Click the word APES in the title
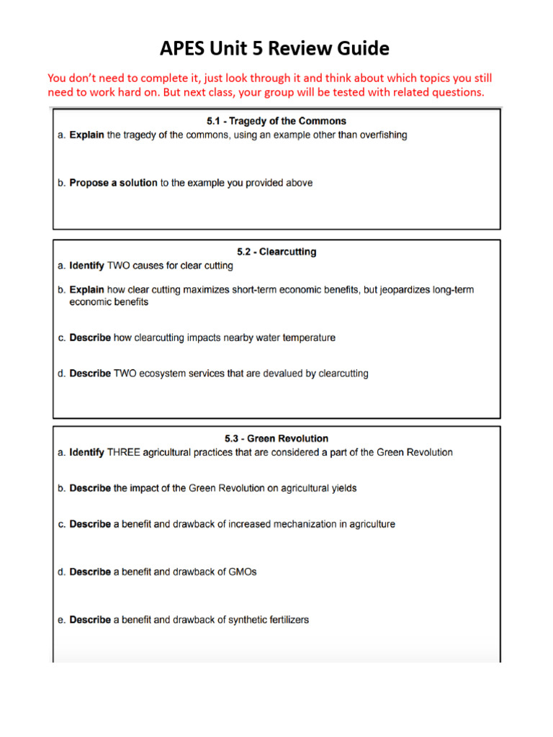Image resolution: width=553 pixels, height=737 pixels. [186, 48]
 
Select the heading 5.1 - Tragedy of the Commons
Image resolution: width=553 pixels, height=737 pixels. [276, 121]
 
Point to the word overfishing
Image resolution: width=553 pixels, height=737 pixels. [381, 135]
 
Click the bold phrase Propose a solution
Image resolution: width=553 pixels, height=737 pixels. [113, 183]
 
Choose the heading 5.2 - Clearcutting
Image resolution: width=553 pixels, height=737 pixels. [276, 252]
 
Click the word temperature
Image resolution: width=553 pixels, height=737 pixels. [306, 338]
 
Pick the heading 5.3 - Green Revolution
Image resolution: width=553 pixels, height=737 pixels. [276, 438]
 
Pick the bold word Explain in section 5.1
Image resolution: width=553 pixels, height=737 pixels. [86, 135]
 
